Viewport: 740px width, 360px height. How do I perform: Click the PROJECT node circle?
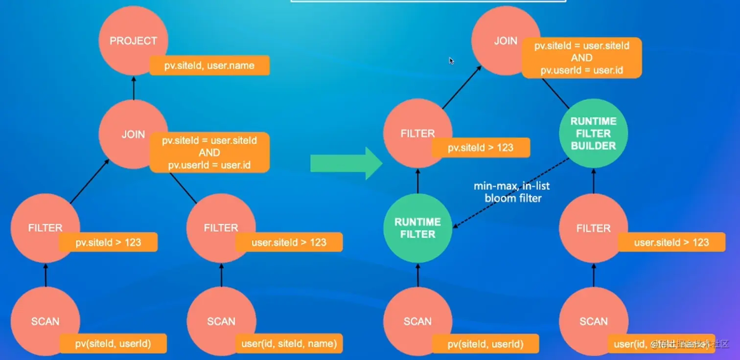click(133, 41)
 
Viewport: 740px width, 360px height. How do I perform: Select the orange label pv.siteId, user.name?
click(209, 65)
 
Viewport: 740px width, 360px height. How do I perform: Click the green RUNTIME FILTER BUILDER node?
click(593, 134)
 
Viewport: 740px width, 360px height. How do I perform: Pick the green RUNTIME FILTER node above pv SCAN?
click(417, 228)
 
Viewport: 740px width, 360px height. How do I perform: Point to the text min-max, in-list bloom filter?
click(511, 192)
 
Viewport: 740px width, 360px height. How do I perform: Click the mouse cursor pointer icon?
click(451, 61)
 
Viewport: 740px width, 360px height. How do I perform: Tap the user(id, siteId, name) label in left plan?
click(289, 343)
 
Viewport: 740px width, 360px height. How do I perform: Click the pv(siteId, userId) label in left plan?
click(113, 343)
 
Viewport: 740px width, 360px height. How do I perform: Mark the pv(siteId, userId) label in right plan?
click(486, 344)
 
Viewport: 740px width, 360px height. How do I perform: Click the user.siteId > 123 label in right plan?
click(671, 242)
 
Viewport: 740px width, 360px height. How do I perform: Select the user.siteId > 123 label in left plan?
click(289, 242)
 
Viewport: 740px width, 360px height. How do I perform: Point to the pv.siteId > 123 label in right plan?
click(481, 147)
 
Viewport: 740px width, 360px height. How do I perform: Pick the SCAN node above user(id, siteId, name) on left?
click(221, 321)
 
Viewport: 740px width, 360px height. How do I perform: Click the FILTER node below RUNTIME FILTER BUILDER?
click(593, 228)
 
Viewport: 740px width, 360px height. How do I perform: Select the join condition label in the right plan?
click(581, 58)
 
